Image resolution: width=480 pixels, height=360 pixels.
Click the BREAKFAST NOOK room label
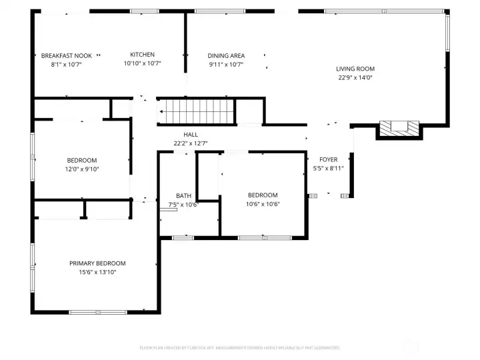66,55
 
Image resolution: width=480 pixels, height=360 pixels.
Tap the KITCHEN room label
142,55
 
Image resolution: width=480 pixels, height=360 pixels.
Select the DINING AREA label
226,56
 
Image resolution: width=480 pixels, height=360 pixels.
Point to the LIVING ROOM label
355,69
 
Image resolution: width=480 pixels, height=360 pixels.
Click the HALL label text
190,135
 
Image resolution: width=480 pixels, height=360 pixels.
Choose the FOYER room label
328,159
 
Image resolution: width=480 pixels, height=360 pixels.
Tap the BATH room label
183,196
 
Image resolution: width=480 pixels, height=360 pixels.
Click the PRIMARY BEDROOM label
97,263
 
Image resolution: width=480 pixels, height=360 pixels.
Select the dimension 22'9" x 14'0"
355,77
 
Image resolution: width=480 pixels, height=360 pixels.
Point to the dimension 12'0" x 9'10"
82,169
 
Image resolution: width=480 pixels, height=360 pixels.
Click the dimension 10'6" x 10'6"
262,204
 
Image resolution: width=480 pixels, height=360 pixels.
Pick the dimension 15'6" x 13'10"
97,272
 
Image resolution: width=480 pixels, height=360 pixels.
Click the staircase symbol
197,111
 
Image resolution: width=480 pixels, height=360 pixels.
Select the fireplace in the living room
399,128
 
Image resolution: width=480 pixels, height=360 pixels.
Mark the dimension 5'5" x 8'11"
328,168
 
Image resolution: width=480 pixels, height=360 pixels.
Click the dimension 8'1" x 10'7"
66,64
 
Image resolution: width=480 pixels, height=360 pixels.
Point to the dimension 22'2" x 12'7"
190,143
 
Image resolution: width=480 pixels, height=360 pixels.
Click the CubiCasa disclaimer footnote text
239,347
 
